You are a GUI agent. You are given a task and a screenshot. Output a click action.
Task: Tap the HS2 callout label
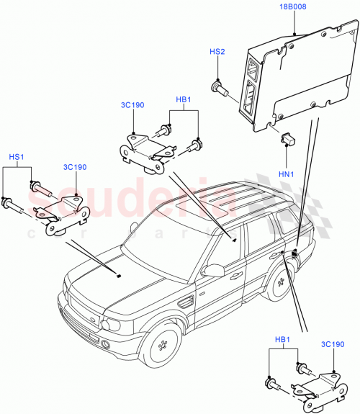point(217,53)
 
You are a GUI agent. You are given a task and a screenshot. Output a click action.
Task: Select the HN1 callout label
point(287,174)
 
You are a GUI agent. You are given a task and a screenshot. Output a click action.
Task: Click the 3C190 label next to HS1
point(75,167)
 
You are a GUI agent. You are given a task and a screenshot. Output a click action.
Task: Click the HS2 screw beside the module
point(220,88)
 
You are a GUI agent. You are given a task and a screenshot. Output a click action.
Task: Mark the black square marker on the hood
point(118,274)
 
